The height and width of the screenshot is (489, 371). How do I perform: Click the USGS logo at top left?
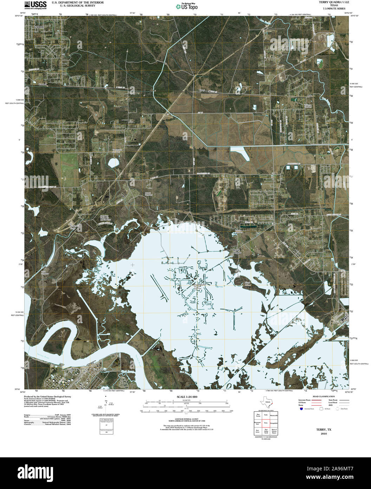(x=35, y=5)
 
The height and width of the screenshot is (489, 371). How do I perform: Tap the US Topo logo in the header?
(x=187, y=6)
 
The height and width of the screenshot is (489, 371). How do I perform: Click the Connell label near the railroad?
(x=43, y=84)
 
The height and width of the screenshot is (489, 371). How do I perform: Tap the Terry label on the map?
(x=202, y=90)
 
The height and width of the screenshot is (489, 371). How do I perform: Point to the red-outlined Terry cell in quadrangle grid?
(x=266, y=422)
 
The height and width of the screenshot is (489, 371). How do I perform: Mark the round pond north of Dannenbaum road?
(x=113, y=163)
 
